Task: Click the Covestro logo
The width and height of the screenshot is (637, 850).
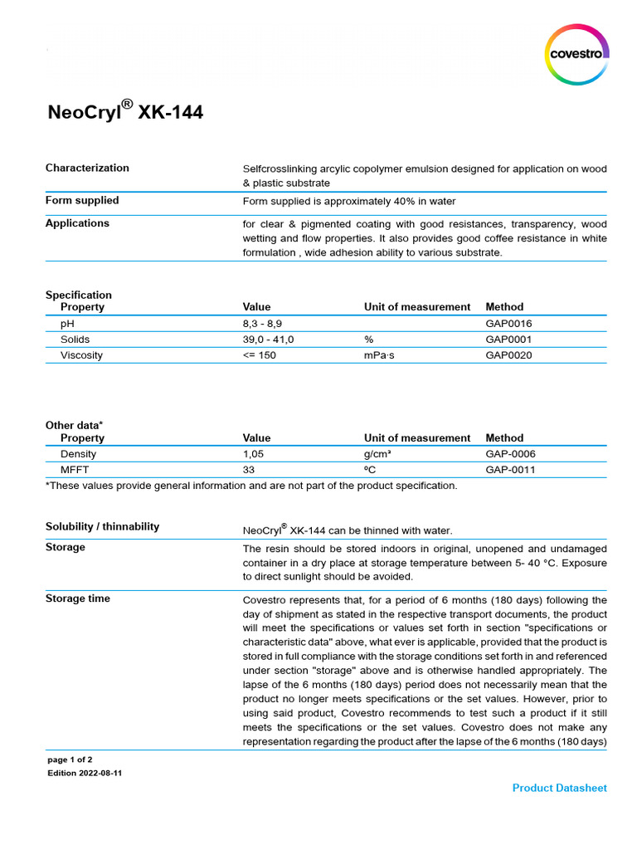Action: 578,55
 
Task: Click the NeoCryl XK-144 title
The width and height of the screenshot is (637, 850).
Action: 124,112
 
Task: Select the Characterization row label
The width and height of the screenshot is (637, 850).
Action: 87,168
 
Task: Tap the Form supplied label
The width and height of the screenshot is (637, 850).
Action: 82,200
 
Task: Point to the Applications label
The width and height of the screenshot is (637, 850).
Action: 77,223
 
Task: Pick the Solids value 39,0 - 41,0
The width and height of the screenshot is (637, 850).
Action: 268,340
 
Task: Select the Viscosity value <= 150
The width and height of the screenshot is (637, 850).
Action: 259,355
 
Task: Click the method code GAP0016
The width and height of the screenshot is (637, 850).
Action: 508,323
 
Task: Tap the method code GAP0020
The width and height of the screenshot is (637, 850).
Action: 508,355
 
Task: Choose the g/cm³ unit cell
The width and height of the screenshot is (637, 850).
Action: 379,454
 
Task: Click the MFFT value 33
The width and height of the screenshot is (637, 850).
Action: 249,470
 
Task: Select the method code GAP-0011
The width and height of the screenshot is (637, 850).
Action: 510,470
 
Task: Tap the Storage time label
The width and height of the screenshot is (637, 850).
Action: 77,598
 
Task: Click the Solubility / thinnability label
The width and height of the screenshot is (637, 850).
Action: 102,526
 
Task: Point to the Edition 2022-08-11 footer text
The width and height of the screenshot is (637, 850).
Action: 85,773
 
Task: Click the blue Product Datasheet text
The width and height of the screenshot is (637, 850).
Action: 559,788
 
